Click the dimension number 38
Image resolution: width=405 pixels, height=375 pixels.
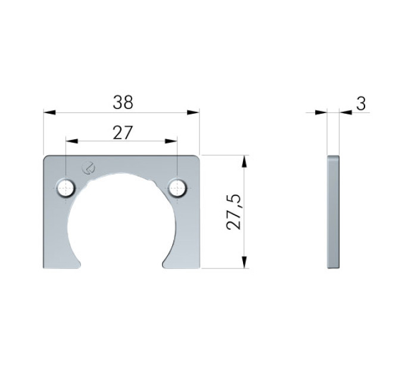click(123, 102)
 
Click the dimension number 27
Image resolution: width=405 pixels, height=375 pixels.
click(123, 133)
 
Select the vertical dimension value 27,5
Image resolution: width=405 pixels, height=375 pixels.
click(233, 212)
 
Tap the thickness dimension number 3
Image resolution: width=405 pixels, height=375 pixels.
click(361, 104)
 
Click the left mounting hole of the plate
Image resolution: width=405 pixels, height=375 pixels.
click(66, 188)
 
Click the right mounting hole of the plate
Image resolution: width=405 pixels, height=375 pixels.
click(177, 188)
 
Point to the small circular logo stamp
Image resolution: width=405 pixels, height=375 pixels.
click(88, 167)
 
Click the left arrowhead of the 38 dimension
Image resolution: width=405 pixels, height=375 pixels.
click(49, 112)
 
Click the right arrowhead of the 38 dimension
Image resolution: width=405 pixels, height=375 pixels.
click(193, 112)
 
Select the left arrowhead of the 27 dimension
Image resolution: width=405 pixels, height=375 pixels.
click(72, 141)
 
